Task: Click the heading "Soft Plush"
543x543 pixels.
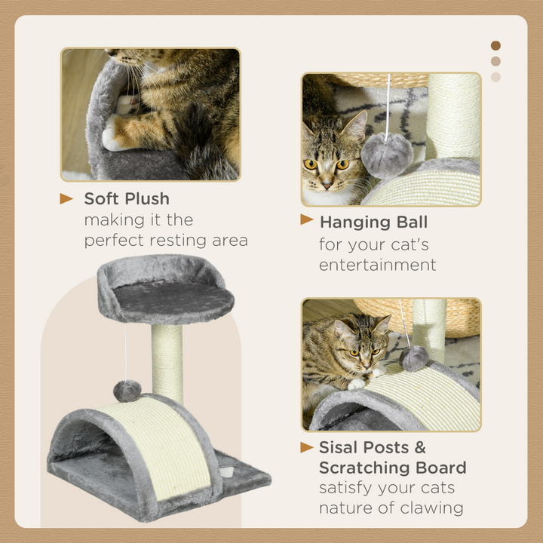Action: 127,199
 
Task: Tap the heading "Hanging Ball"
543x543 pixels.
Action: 373,222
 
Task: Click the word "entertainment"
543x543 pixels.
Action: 377,265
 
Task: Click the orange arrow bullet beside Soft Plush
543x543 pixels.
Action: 67,199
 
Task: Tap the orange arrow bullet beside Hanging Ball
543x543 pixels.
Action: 307,220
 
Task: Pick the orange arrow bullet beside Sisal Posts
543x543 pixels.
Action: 307,447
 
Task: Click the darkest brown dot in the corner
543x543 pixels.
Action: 495,46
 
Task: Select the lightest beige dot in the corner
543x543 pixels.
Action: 495,77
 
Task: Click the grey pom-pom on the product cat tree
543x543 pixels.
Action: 127,390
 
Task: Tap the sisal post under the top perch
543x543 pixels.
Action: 167,362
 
